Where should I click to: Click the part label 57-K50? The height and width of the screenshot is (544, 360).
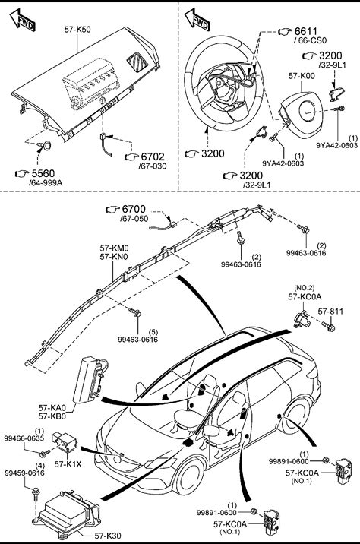[x=77, y=30]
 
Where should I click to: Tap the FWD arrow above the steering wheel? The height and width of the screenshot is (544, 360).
[x=197, y=20]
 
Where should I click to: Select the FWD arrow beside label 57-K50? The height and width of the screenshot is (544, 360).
[x=23, y=20]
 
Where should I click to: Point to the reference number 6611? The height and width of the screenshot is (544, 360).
[x=306, y=32]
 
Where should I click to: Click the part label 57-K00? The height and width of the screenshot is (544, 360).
[x=302, y=76]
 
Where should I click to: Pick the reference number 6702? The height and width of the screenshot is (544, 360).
[x=153, y=157]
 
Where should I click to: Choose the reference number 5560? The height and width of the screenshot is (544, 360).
[x=43, y=173]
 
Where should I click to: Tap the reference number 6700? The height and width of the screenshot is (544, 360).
[x=134, y=209]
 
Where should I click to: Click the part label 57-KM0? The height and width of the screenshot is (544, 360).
[x=114, y=248]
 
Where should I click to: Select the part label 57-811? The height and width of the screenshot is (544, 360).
[x=330, y=312]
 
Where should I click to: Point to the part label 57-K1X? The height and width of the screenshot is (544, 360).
[x=68, y=464]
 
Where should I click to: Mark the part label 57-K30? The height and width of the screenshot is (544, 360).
[x=108, y=536]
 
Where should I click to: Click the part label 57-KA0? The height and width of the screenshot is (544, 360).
[x=52, y=407]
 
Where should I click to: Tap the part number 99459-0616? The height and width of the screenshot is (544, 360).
[x=24, y=473]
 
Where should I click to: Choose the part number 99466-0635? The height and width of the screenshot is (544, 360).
[x=24, y=438]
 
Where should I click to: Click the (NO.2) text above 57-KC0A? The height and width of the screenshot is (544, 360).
[x=304, y=288]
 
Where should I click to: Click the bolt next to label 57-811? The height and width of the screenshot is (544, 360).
[x=329, y=326]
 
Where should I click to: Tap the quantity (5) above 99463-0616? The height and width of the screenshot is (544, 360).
[x=153, y=332]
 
